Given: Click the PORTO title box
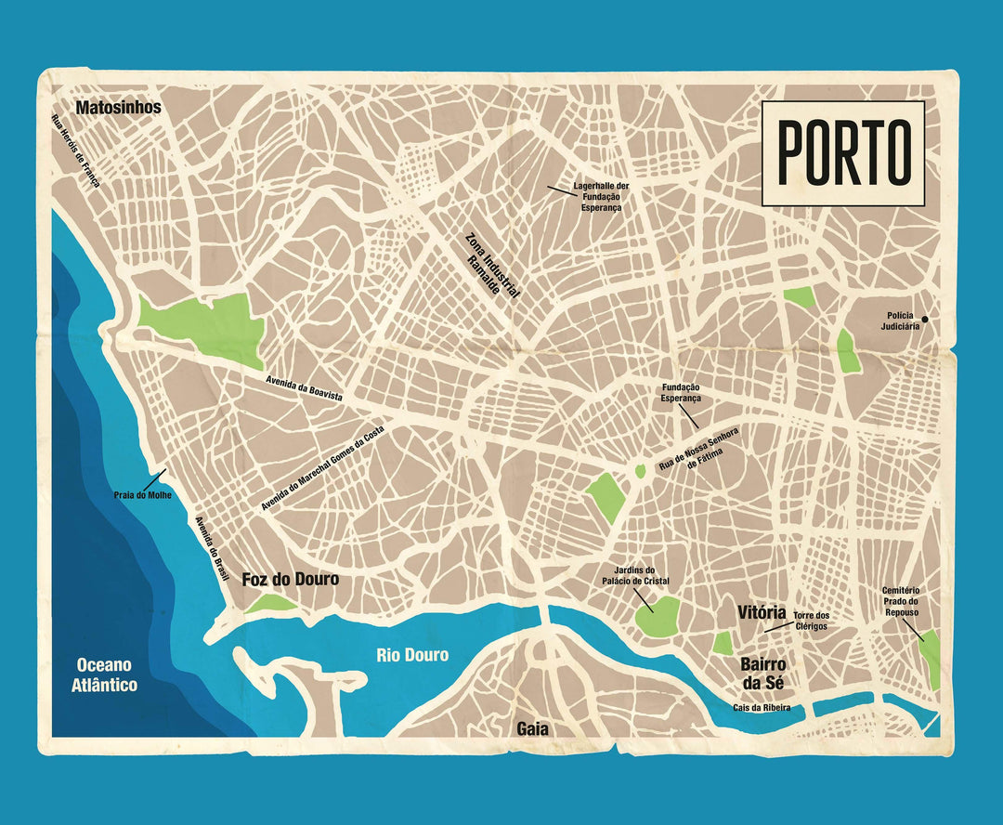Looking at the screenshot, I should click(843, 153).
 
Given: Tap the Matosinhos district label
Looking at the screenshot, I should click(118, 108).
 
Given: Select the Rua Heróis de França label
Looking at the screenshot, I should click(75, 150).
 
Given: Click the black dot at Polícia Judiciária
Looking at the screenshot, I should click(924, 320).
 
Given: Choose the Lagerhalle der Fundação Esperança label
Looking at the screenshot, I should click(601, 197).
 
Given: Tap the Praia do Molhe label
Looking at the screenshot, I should click(142, 495).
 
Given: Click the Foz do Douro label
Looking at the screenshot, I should click(290, 580).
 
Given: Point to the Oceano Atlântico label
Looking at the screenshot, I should click(106, 675).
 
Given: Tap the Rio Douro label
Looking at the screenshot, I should click(412, 656).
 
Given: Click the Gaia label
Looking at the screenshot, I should click(532, 729).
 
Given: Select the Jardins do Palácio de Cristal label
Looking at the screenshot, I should click(635, 576).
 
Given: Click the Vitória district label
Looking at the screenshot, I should click(762, 613).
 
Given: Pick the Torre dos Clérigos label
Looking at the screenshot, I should click(811, 621).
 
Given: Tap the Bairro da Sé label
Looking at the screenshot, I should click(762, 674).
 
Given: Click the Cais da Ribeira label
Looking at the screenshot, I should click(761, 707).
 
